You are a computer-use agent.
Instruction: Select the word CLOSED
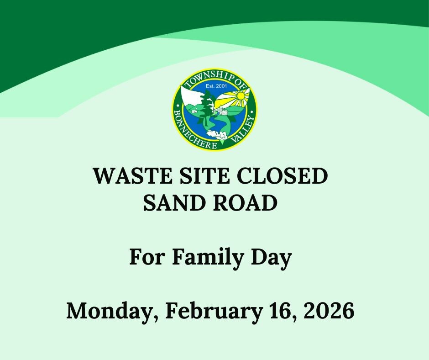click(x=284, y=176)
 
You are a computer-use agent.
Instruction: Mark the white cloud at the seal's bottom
click(x=216, y=134)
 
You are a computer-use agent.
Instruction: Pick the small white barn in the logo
click(x=195, y=111)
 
